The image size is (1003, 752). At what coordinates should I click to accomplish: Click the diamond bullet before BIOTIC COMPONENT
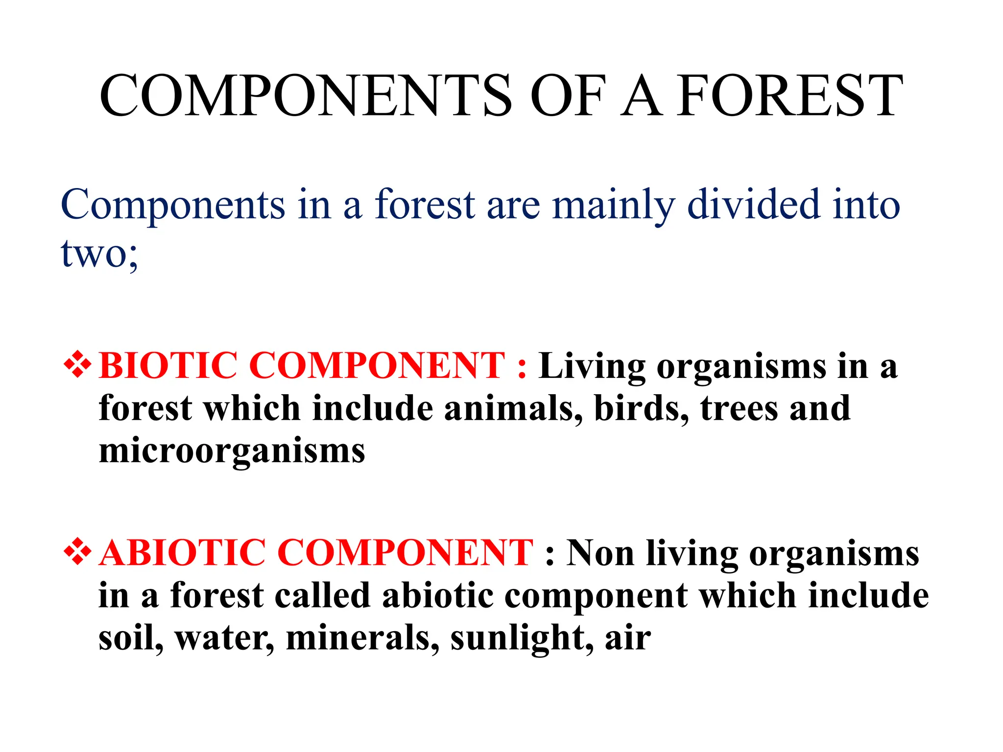[x=77, y=365]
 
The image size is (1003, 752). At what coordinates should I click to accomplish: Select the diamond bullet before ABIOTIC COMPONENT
[x=77, y=553]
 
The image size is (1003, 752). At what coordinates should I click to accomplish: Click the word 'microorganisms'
[x=232, y=451]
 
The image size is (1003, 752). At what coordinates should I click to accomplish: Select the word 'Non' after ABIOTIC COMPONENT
[x=600, y=553]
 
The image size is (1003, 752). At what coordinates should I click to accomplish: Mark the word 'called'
[x=322, y=595]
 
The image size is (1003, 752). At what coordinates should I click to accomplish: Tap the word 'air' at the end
[x=628, y=638]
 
